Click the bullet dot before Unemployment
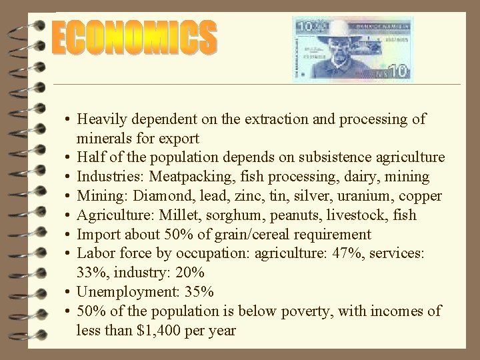pos(69,292)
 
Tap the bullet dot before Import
pos(69,235)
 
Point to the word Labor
pos(94,254)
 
